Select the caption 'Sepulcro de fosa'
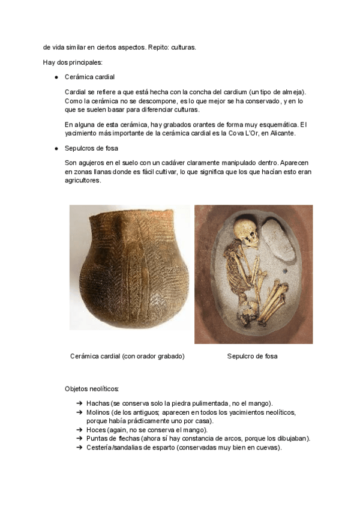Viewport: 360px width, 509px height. click(x=252, y=356)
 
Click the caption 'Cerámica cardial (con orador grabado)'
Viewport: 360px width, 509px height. click(x=127, y=356)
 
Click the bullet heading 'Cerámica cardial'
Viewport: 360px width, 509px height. click(x=89, y=77)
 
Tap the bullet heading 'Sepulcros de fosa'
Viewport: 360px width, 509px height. click(x=91, y=148)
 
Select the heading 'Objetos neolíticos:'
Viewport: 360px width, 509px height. click(x=92, y=389)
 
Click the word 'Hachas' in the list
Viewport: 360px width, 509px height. click(x=98, y=403)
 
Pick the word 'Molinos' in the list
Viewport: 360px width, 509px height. click(x=99, y=413)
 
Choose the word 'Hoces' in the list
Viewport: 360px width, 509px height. click(x=97, y=430)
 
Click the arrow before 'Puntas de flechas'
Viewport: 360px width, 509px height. click(x=80, y=439)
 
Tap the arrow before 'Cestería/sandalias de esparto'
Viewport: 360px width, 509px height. click(x=80, y=447)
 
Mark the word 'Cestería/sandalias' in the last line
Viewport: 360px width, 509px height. click(x=116, y=447)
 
